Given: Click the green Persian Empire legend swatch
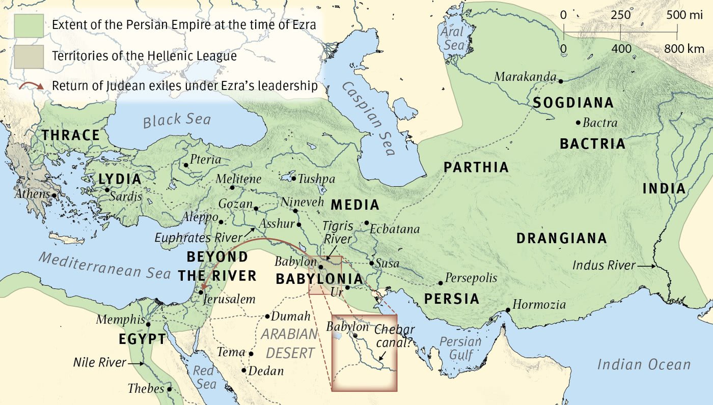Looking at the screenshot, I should tap(29, 25).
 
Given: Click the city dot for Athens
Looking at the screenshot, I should tap(54, 195).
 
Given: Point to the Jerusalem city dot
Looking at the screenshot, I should tap(201, 292).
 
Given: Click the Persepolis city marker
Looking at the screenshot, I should tap(441, 283).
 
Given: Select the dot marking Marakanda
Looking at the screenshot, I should tap(560, 81).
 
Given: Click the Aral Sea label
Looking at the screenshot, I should tap(452, 38).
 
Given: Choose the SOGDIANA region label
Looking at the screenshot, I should tap(573, 103).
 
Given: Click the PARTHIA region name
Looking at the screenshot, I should tap(476, 167).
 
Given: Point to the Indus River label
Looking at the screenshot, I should tap(604, 265).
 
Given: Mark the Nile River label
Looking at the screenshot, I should tap(100, 363).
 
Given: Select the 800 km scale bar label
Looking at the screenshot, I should tap(683, 49).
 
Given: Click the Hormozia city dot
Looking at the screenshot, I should tap(508, 310).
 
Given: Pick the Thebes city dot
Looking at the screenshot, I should tap(169, 389).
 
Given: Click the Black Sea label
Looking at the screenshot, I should tap(176, 120).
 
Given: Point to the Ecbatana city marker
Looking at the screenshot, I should tap(366, 223).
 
